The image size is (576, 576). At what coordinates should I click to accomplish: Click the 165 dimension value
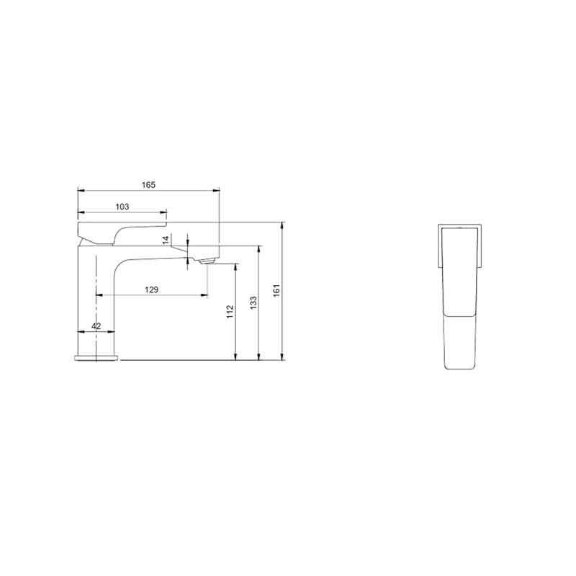148,185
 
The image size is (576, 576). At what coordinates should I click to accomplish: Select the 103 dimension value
122,207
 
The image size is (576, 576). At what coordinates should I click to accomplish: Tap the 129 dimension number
151,290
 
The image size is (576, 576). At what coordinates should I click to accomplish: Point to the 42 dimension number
96,326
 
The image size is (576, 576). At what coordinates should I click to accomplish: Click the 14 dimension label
166,240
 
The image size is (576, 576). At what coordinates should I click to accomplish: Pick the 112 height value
230,312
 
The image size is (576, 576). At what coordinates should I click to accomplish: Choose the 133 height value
253,302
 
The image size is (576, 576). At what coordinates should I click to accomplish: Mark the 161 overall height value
276,290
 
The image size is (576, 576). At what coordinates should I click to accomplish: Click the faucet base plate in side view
96,358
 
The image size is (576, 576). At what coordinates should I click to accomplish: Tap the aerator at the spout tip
207,261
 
